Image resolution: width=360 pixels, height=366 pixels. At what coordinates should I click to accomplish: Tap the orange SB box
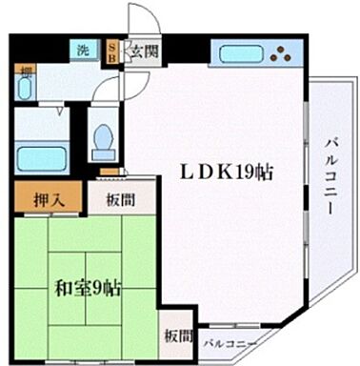(x=111, y=51)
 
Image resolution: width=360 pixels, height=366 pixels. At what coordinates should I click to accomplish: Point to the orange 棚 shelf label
(x=27, y=71)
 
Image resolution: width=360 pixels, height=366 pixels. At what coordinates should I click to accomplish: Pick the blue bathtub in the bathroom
(x=43, y=155)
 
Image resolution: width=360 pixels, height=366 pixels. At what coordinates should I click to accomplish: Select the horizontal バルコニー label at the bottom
(x=230, y=340)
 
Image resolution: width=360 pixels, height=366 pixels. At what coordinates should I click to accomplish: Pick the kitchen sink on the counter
(x=235, y=53)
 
